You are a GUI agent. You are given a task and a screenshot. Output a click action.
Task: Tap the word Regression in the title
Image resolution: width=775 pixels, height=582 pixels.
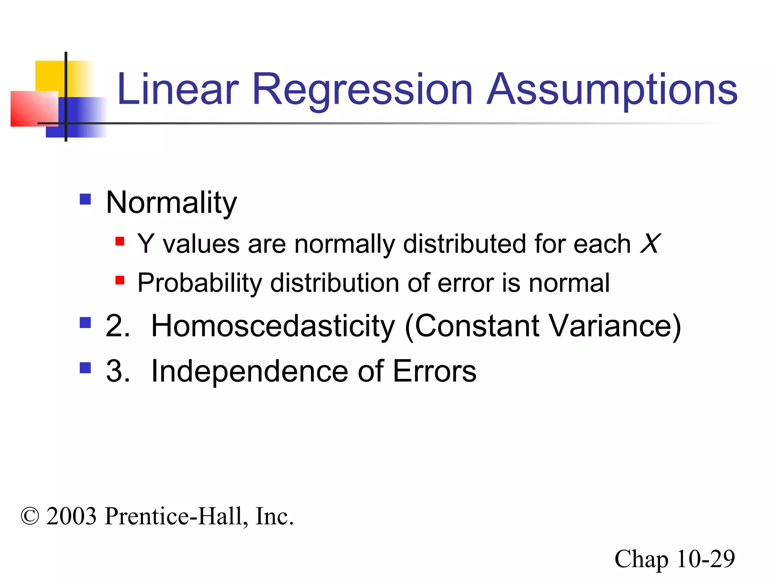pyautogui.click(x=362, y=90)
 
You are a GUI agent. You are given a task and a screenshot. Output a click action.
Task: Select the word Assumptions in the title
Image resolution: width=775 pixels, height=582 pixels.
pyautogui.click(x=612, y=90)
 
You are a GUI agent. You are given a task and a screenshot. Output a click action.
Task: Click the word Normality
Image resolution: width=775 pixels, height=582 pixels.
pyautogui.click(x=171, y=203)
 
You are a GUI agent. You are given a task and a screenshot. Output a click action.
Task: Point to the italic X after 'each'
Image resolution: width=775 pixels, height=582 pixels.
pyautogui.click(x=650, y=243)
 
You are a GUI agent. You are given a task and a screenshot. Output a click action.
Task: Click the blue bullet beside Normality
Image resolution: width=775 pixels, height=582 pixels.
pyautogui.click(x=86, y=199)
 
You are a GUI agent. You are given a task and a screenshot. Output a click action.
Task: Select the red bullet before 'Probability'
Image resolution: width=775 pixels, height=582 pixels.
pyautogui.click(x=120, y=280)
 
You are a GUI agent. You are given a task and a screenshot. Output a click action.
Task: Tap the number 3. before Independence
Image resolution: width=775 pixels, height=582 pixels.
pyautogui.click(x=118, y=371)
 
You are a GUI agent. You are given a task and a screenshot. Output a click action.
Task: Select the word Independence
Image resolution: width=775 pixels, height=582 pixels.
pyautogui.click(x=249, y=371)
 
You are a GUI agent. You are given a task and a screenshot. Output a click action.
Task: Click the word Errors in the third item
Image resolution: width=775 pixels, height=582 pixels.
pyautogui.click(x=434, y=371)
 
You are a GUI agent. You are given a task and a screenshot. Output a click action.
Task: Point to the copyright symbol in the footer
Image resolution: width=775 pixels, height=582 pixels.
pyautogui.click(x=30, y=517)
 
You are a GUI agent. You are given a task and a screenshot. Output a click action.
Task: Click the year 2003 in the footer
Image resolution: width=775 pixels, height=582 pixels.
pyautogui.click(x=72, y=516)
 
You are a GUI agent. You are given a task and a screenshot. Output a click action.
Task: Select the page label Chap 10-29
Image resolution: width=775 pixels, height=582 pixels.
pyautogui.click(x=674, y=559)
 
